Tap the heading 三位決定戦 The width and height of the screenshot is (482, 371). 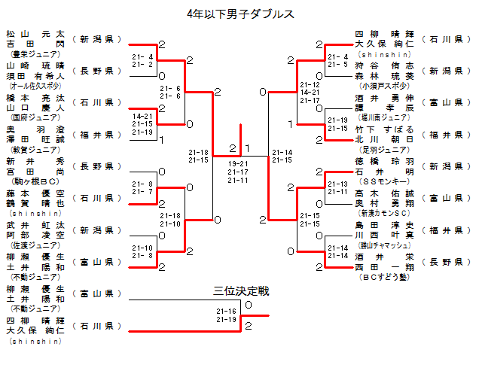point(241,290)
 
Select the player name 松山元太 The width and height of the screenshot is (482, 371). point(35,35)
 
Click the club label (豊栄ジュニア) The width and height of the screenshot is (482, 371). point(35,55)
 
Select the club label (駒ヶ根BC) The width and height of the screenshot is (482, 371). point(35,181)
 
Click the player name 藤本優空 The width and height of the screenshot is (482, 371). point(35,193)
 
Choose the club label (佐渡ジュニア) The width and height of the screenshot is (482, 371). point(35,245)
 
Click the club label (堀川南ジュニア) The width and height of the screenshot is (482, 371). point(384,118)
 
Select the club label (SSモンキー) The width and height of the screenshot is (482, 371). point(384,181)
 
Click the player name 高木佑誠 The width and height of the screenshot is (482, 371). point(384,193)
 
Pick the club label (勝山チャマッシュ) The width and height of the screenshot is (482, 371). point(384,245)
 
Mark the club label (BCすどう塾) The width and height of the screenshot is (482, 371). point(384,276)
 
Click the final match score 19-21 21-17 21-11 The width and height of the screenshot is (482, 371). point(239,172)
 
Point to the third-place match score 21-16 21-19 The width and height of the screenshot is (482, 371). point(227,315)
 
